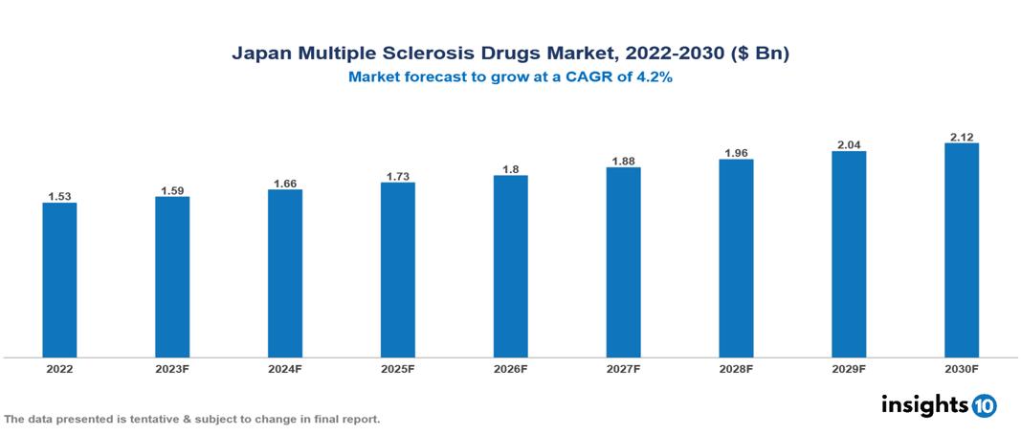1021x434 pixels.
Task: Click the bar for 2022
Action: (x=59, y=280)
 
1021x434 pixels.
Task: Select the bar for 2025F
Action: (x=398, y=270)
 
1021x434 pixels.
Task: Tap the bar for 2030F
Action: (x=962, y=250)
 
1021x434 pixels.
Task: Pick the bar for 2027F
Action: (x=623, y=263)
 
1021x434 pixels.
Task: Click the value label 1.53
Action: (x=59, y=196)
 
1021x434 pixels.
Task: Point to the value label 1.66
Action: (x=285, y=183)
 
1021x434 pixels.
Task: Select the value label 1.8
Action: (x=511, y=169)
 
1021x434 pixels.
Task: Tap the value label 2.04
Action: (x=849, y=145)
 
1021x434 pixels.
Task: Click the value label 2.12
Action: (x=962, y=137)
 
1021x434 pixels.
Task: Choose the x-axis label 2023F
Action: (x=172, y=368)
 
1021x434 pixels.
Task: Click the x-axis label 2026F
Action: (x=511, y=368)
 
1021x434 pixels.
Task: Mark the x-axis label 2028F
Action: (x=736, y=368)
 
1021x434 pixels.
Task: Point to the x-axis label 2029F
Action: (x=849, y=368)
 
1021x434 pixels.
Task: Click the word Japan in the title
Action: (x=258, y=54)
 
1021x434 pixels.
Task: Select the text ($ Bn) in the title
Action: (x=761, y=54)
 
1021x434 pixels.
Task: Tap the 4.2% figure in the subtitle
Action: (x=655, y=77)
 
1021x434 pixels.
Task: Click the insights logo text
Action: (x=923, y=404)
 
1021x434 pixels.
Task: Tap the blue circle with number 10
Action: (x=985, y=405)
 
